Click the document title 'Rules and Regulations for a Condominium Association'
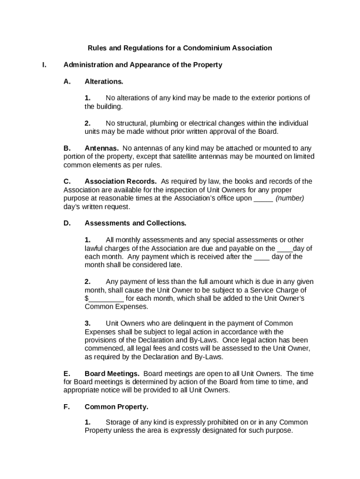pos(180,48)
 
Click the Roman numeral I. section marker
pos(44,65)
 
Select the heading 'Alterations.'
pos(104,81)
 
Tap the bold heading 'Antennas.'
pos(101,148)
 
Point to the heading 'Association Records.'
pos(121,181)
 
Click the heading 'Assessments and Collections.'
pos(135,223)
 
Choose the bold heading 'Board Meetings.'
pos(112,374)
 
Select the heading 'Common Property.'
pos(116,407)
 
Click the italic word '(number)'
pos(290,198)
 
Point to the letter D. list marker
pos(67,223)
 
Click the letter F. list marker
pos(66,407)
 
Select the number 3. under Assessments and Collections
pos(87,323)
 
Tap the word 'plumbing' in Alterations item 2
pos(159,123)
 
